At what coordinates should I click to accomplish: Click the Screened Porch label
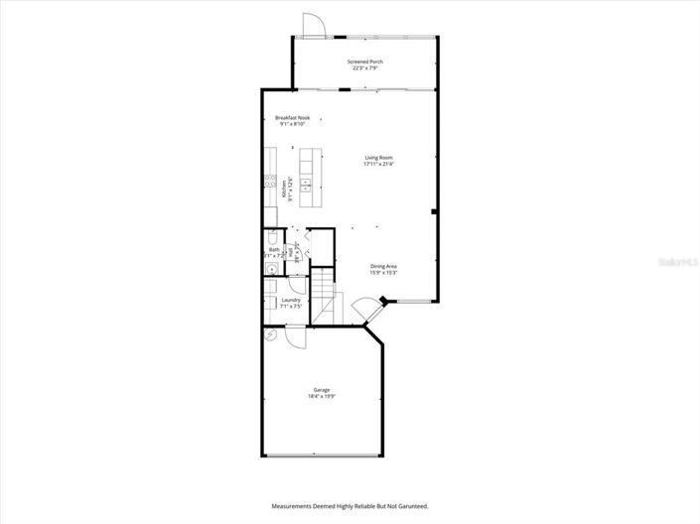365,62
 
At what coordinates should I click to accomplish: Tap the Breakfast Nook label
292,118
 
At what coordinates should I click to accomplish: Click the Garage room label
322,390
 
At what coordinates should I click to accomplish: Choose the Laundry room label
291,300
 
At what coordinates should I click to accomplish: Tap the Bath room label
274,250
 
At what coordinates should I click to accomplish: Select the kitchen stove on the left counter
269,181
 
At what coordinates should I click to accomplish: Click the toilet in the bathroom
270,237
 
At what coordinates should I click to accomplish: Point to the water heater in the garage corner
271,335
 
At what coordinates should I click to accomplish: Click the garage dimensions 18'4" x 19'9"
322,396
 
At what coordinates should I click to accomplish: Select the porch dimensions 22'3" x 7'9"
365,68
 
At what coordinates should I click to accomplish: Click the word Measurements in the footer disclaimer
294,506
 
